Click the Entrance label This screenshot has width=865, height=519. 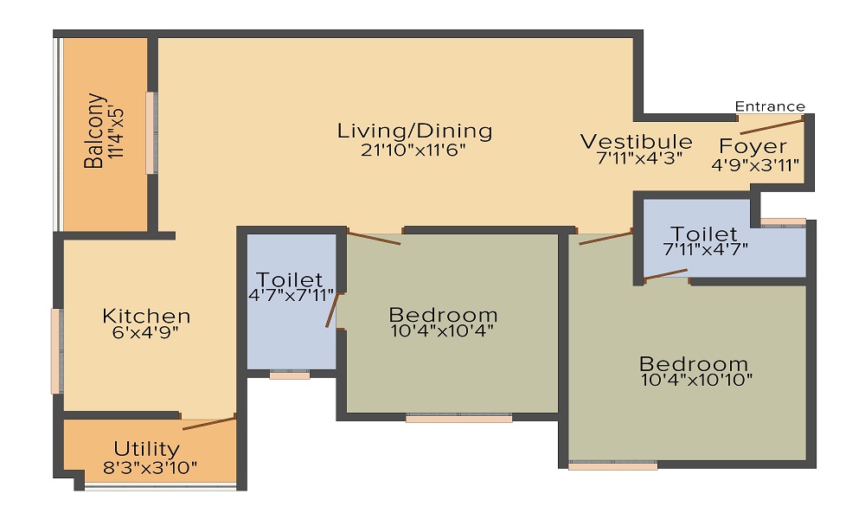point(770,106)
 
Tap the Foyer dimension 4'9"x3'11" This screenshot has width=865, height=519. point(755,164)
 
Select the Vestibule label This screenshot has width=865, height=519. point(636,142)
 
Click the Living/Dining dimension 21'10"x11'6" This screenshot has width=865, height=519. point(414,150)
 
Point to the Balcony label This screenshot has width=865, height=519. point(94,131)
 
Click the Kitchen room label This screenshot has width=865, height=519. point(146,316)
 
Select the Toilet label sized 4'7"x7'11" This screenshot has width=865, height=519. point(290,280)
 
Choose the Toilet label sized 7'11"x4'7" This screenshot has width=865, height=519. point(705,234)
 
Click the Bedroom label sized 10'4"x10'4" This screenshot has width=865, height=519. point(443,314)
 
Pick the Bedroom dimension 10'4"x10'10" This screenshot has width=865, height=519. point(697,379)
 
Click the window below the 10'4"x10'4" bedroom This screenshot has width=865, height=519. point(458,418)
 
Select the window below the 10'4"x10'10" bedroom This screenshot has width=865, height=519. point(612,465)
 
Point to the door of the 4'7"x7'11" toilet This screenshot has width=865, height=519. point(330,310)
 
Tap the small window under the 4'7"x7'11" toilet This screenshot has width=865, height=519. point(290,375)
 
